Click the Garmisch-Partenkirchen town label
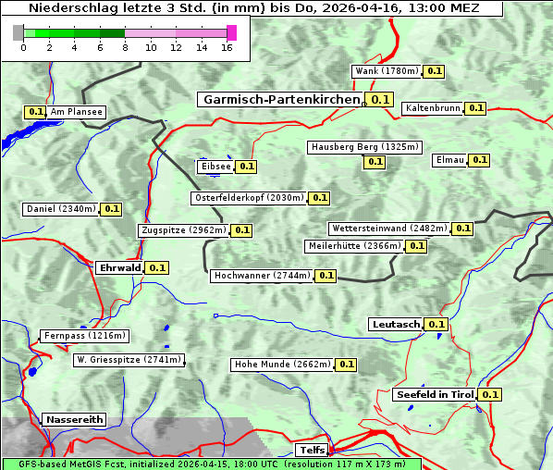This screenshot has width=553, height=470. click(279, 99)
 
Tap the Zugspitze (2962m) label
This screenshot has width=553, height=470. click(182, 230)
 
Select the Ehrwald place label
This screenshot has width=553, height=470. click(119, 267)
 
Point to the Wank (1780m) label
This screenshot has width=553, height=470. click(387, 71)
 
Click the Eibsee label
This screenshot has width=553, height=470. click(215, 167)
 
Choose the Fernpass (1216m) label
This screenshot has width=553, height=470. click(84, 336)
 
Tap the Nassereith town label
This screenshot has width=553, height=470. click(74, 419)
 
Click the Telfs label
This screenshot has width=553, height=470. click(311, 451)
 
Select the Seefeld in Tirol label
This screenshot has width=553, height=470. click(435, 394)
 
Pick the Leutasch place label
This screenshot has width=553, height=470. click(396, 324)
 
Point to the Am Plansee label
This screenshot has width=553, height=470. click(76, 112)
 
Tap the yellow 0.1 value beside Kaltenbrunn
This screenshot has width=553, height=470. click(475, 108)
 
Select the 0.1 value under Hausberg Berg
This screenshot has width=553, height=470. click(375, 162)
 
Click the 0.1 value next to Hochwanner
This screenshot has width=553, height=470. click(326, 276)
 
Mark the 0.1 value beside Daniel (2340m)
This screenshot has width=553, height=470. click(111, 209)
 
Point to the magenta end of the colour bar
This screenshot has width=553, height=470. click(231, 32)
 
